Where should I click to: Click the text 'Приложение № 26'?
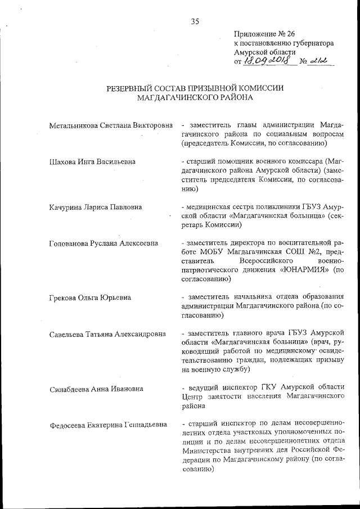coord(263,34)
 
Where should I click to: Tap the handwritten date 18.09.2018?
coord(269,61)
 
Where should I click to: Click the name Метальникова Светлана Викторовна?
coord(110,124)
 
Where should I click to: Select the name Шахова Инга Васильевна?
coord(92,162)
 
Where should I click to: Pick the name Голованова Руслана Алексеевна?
coord(103,243)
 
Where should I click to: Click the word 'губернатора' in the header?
coord(313,43)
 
